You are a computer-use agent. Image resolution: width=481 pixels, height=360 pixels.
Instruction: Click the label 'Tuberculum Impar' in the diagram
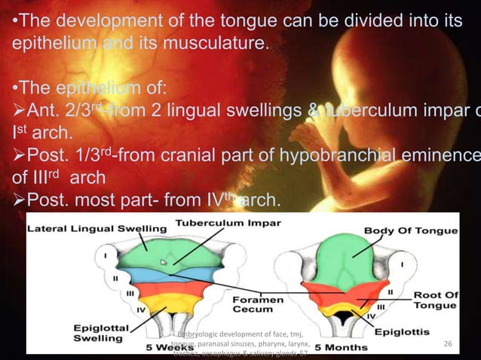(x=228, y=224)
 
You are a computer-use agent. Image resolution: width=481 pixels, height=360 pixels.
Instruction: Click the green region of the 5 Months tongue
(x=329, y=260)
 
